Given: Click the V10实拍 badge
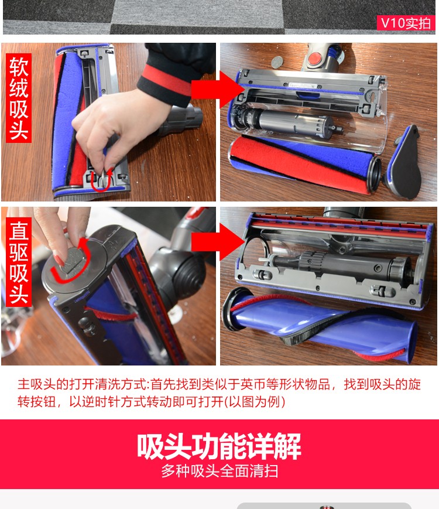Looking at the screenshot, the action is tap(406, 23).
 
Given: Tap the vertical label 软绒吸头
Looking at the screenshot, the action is tap(19, 98).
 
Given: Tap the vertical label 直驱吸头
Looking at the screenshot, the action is tap(19, 262).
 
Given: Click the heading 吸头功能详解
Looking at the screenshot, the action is tap(219, 446).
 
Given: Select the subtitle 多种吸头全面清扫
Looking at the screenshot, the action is tap(220, 471).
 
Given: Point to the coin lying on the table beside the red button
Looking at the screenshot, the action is tap(277, 62).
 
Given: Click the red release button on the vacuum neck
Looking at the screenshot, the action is tap(315, 59).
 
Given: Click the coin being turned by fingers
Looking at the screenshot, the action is tap(72, 259).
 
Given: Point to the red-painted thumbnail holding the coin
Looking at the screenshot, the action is tap(59, 259).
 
